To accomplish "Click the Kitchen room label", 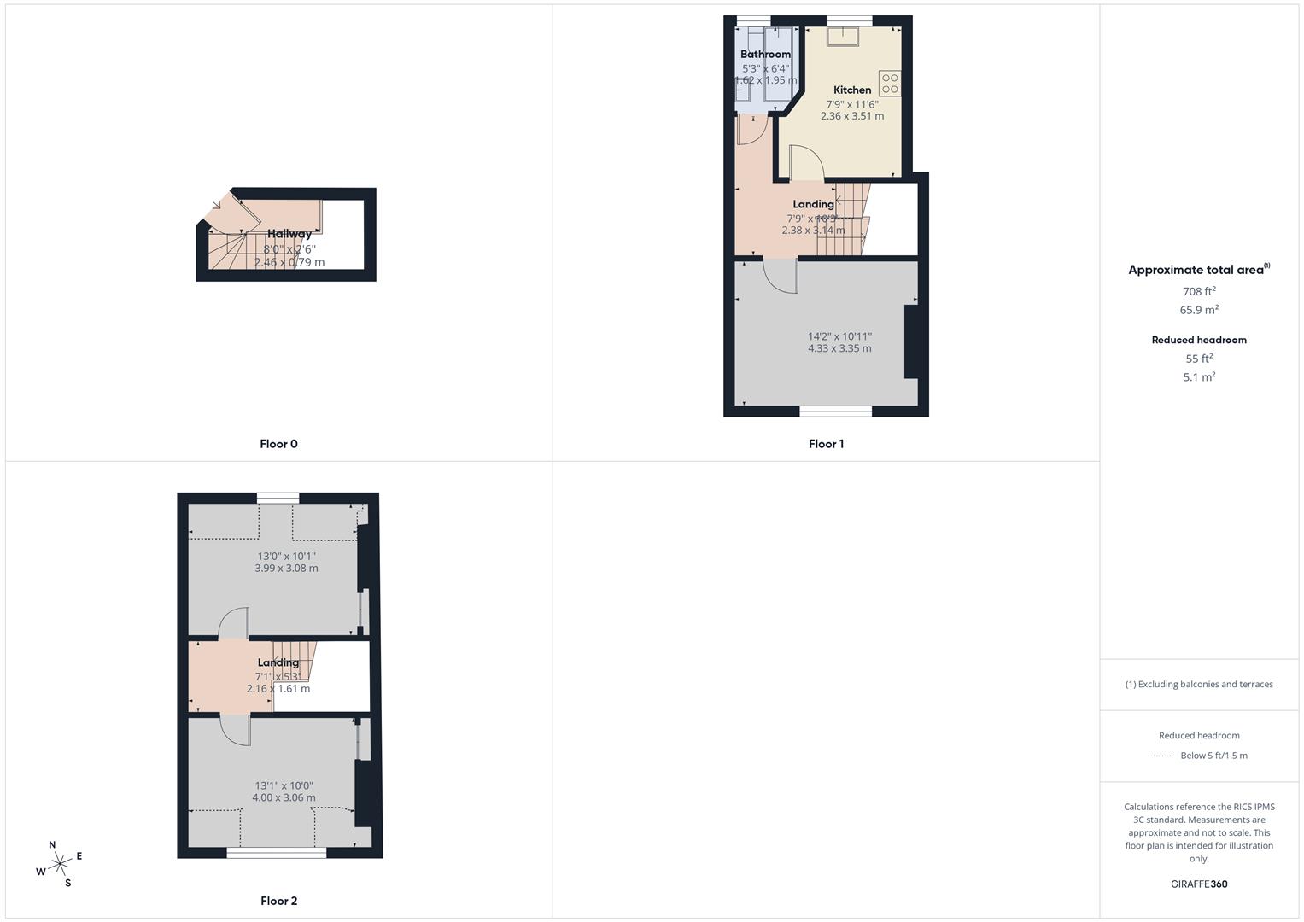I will [852, 90].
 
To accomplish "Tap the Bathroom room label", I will [765, 54].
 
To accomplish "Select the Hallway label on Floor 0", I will [289, 233].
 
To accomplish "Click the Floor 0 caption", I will [278, 444].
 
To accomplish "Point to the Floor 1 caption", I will [826, 444].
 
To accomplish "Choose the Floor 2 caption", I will [278, 901].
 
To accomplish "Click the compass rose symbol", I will [59, 864].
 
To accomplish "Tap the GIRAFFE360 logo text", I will [1199, 884].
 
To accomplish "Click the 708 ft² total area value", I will [1199, 291].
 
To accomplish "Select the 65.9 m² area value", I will [1199, 310].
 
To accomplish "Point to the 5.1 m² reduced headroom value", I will [1199, 376].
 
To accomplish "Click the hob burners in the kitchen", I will [890, 84].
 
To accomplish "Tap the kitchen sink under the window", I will [842, 35].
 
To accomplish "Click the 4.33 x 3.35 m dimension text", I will [839, 348].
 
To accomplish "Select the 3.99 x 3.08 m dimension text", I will [286, 568].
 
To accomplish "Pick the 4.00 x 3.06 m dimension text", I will [284, 797].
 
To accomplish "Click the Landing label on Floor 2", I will [278, 662].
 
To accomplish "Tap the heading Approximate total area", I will [1196, 270].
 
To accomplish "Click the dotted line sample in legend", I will [1162, 756].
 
